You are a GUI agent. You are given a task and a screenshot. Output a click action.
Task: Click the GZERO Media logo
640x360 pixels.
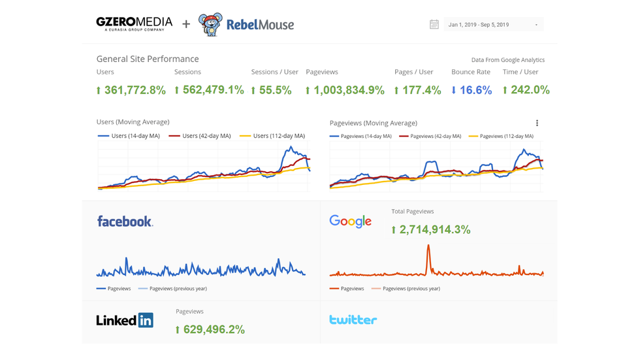click(x=135, y=24)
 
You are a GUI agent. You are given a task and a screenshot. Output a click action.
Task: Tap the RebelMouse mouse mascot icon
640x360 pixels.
click(x=210, y=25)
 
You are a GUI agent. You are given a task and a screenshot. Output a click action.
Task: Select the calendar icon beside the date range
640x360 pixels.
click(x=434, y=25)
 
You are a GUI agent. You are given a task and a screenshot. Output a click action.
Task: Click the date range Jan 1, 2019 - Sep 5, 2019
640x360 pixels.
click(x=493, y=25)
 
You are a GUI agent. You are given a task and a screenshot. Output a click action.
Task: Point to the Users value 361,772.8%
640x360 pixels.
click(x=131, y=90)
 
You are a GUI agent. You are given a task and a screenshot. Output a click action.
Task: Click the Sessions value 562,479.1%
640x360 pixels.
click(x=209, y=90)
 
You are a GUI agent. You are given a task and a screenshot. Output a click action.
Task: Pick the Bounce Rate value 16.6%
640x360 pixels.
click(x=472, y=90)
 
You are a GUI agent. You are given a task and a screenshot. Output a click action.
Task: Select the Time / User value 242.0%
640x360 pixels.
click(x=526, y=90)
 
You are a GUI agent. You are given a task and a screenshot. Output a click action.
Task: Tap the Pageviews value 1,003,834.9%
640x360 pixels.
click(x=345, y=90)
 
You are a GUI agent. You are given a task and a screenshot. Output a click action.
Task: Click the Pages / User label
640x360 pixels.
click(x=413, y=72)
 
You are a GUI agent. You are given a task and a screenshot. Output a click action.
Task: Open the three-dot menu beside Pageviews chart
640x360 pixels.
click(x=537, y=123)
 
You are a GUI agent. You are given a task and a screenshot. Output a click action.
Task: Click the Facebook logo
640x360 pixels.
click(x=125, y=221)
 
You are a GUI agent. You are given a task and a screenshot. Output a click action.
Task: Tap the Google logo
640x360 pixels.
click(x=350, y=221)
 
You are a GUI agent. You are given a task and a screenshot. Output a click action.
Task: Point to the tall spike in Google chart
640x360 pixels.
click(x=428, y=252)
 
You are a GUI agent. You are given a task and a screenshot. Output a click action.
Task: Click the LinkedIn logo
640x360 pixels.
click(x=125, y=320)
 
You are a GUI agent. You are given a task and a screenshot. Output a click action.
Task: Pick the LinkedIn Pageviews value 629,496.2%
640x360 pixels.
click(x=210, y=329)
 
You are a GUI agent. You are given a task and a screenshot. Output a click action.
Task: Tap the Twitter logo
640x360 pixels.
click(x=353, y=320)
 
